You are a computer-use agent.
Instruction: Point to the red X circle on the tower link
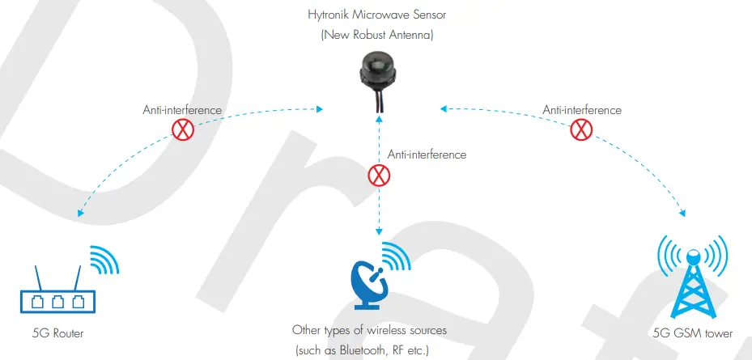[580, 129]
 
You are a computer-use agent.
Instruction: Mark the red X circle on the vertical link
[377, 175]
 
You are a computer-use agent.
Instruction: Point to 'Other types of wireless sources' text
[369, 331]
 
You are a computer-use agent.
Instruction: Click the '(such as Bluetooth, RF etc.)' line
[369, 349]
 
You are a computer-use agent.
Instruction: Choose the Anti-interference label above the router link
[183, 109]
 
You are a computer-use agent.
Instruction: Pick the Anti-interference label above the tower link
[582, 109]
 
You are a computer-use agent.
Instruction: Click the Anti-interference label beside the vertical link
[427, 154]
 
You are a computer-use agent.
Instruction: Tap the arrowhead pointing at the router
[79, 214]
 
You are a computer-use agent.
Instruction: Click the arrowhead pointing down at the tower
[682, 214]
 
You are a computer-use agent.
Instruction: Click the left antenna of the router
[36, 277]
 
